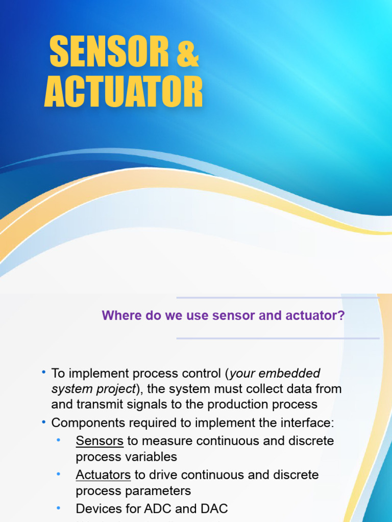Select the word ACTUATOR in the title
124,92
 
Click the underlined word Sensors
100,440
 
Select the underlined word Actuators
103,475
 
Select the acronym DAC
214,508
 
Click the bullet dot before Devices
58,508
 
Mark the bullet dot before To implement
44,373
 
